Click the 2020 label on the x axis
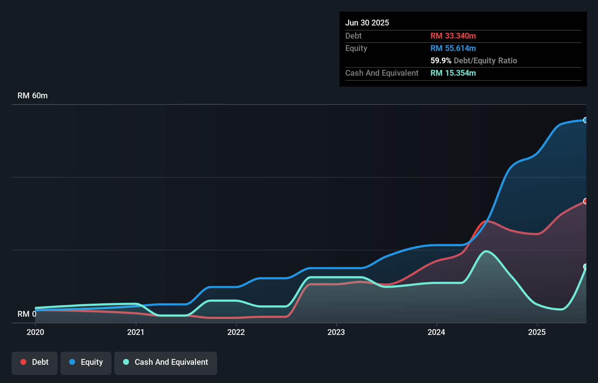[x=35, y=332]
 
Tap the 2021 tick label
[x=135, y=332]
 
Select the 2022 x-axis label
[x=236, y=332]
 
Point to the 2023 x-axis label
[x=336, y=332]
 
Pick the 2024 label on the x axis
[x=436, y=332]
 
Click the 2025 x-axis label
[x=537, y=332]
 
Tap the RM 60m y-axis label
[x=32, y=95]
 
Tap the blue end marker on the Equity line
[x=586, y=120]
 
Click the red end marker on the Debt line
[x=586, y=201]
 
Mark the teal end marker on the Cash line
[x=586, y=267]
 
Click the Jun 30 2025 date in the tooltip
[x=367, y=23]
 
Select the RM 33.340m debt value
[x=453, y=36]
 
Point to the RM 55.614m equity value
[x=453, y=48]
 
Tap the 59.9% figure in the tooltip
[x=441, y=60]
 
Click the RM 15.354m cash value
[x=453, y=73]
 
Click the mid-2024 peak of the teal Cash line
[x=486, y=251]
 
